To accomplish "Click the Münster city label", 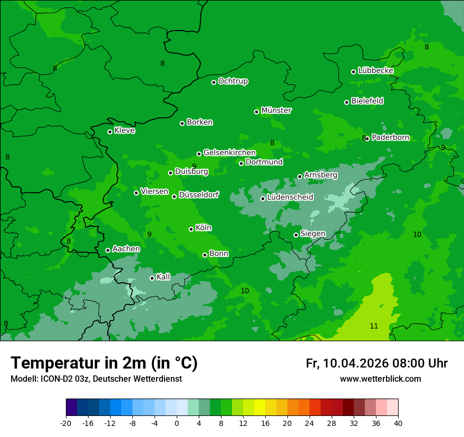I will coord(276,111).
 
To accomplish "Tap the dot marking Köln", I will coord(191,229).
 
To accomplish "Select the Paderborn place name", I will coord(390,137).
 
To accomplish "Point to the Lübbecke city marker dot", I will coord(353,72).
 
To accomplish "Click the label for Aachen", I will coord(126,249).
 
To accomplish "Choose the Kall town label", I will coord(163,277).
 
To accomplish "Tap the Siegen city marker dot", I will coord(296,235).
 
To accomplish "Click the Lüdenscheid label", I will coord(290,197).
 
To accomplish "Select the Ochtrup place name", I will coord(233,81).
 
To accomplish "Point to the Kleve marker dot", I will coord(110,132).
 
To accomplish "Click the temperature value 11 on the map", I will coord(374,326).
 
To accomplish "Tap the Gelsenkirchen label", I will coord(229,153).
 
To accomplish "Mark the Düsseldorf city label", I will coord(198,195).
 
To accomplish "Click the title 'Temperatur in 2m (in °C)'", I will coord(104,363).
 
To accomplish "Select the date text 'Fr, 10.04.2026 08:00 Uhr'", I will coord(376,363).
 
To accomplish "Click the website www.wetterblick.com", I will coord(380,379).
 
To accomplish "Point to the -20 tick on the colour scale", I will coord(66,423).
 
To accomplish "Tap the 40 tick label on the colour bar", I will coord(398,423).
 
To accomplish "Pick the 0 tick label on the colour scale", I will coord(177,423).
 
